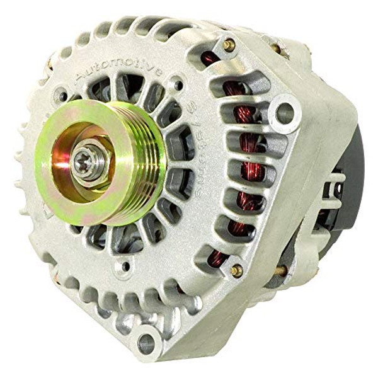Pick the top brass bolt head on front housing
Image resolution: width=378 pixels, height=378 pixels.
(x=229, y=45)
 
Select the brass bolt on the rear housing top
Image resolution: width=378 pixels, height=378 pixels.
(x=275, y=47)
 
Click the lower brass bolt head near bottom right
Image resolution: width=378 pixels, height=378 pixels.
(x=237, y=270)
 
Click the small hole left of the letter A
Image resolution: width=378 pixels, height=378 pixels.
(x=62, y=98)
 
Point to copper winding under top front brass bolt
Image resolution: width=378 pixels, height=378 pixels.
(x=214, y=63)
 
